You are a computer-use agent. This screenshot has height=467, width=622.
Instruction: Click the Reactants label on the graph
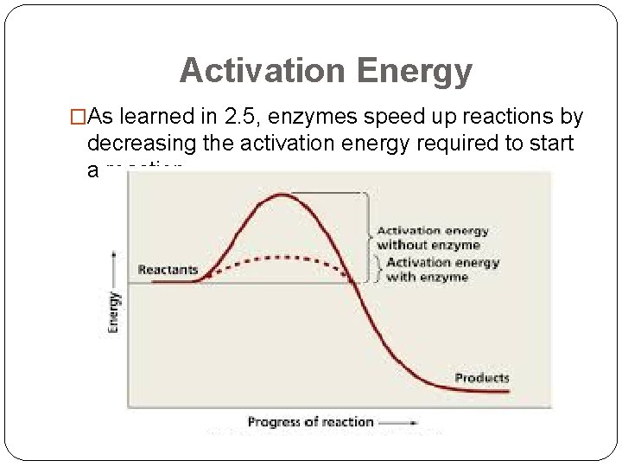point(168,270)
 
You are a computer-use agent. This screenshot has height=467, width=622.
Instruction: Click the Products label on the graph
point(481,378)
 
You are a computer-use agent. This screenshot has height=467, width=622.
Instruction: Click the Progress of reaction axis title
point(310,422)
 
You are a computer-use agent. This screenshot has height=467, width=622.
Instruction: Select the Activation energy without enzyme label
point(432,238)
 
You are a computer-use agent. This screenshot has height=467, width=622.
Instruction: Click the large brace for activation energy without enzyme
point(369,232)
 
